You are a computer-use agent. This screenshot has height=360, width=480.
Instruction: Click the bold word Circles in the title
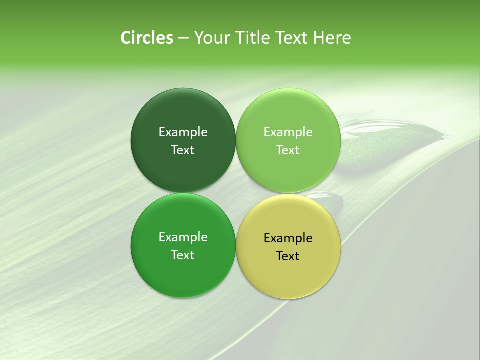(146, 38)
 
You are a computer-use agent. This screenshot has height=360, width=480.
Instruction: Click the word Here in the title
(332, 38)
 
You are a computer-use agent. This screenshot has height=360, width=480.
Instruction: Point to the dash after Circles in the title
(183, 38)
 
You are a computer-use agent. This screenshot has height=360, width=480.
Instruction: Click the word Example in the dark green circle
(183, 132)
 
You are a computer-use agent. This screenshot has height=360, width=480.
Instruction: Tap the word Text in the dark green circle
(183, 150)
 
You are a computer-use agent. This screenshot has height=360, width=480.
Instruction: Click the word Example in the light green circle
(288, 132)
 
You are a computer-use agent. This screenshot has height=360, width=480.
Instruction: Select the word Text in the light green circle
(288, 150)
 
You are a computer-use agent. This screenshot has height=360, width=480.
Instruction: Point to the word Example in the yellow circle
(288, 238)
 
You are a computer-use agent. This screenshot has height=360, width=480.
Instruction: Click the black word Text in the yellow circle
(288, 256)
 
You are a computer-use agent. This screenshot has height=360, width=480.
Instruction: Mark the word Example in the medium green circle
(183, 237)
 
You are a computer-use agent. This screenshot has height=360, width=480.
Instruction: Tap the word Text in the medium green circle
(183, 255)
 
